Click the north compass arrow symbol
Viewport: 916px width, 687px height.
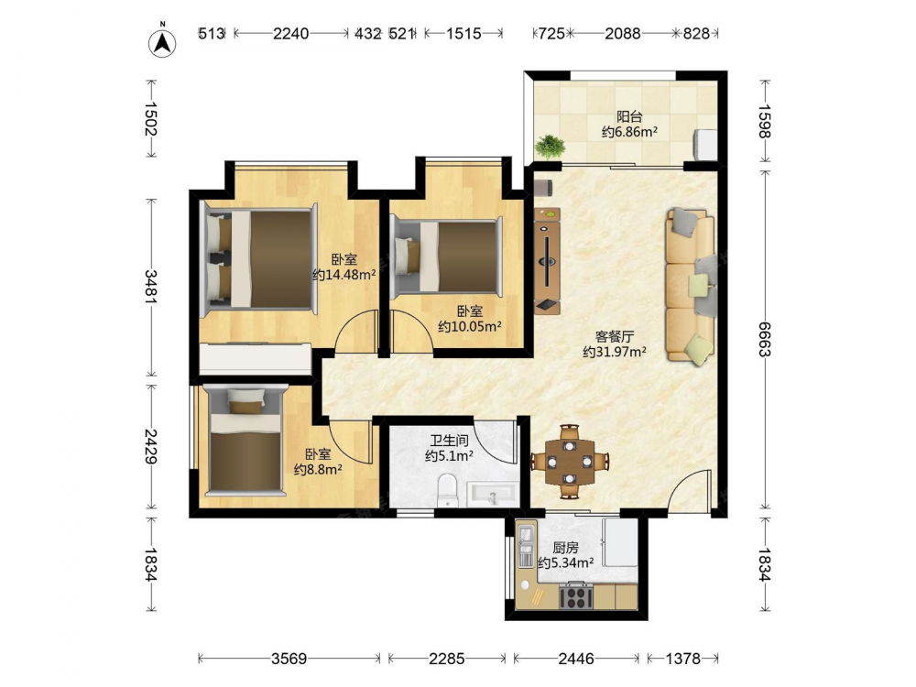click(163, 41)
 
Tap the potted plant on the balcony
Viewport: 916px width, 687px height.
click(549, 146)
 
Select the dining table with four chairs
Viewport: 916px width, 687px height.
click(570, 462)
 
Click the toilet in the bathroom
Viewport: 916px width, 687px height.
click(448, 490)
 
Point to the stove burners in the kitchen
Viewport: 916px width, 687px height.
click(575, 596)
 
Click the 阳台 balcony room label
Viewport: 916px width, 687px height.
click(629, 116)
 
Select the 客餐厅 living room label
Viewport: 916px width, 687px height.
click(615, 336)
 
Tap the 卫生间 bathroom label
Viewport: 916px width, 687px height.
click(449, 441)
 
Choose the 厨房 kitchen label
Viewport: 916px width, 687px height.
click(565, 548)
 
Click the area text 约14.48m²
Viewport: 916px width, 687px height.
click(344, 275)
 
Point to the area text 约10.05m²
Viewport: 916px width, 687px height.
click(470, 327)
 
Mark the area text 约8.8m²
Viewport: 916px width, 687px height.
click(318, 469)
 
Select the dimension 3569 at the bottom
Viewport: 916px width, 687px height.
click(289, 659)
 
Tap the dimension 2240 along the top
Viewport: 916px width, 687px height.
click(291, 33)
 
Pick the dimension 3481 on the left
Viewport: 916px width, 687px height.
click(150, 287)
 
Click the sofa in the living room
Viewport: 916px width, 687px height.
click(691, 286)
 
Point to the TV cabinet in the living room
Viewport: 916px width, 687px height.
click(548, 261)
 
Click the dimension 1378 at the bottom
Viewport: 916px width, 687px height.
click(683, 659)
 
